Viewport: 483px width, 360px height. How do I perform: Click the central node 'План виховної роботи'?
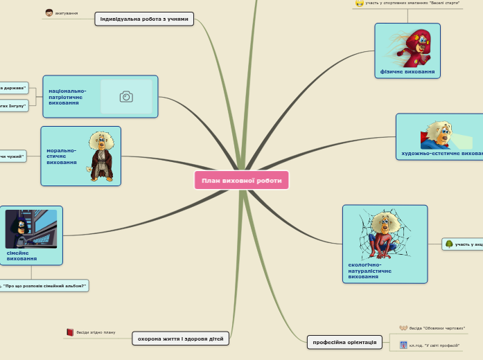(242, 181)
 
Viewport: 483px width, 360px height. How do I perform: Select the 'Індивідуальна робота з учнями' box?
(144, 19)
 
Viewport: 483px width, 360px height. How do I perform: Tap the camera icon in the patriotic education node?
(126, 97)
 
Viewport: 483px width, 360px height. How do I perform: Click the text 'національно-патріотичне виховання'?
(68, 97)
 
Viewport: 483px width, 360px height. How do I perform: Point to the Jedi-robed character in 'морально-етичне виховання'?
(100, 156)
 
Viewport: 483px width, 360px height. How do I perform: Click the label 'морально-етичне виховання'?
(62, 156)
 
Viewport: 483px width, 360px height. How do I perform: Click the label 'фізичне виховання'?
(407, 71)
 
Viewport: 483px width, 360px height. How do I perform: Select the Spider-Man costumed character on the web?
(380, 235)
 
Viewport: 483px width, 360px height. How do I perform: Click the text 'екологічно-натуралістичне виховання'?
(370, 270)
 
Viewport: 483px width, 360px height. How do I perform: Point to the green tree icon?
(449, 244)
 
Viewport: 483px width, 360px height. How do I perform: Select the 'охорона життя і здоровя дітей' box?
(180, 339)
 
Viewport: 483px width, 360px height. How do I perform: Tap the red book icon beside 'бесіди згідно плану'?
(70, 332)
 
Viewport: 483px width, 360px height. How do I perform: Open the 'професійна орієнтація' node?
(344, 342)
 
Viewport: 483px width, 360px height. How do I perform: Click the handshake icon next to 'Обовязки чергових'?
(403, 327)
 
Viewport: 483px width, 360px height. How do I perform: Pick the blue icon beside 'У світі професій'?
(403, 345)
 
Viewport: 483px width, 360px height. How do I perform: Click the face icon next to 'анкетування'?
(49, 12)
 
